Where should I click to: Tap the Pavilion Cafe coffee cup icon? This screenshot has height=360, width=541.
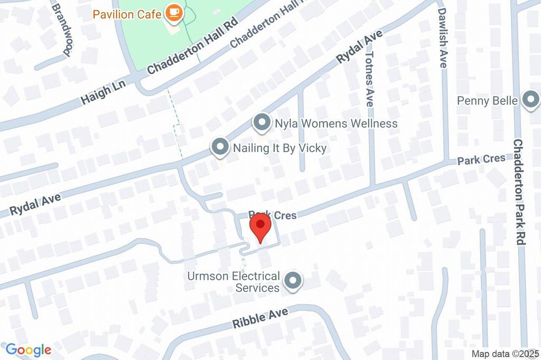coord(174,12)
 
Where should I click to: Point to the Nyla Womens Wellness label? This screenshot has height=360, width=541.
coord(336,124)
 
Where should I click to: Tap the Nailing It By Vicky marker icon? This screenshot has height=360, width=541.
coord(219,148)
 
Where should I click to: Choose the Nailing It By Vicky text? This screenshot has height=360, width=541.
coord(279,148)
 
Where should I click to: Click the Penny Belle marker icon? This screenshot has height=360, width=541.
coord(530,100)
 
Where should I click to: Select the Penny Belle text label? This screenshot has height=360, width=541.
coord(487,100)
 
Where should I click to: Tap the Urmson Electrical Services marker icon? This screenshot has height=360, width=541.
coord(292,281)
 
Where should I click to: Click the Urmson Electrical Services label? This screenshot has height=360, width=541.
coord(234,282)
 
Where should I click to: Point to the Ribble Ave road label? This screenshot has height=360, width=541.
coord(260,318)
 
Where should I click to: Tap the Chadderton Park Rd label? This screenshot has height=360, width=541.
coord(518,192)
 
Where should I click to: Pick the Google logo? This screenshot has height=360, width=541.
coord(28,349)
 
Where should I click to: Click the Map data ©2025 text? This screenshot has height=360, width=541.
coord(505,353)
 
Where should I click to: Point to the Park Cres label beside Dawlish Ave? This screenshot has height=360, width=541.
coord(481,159)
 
